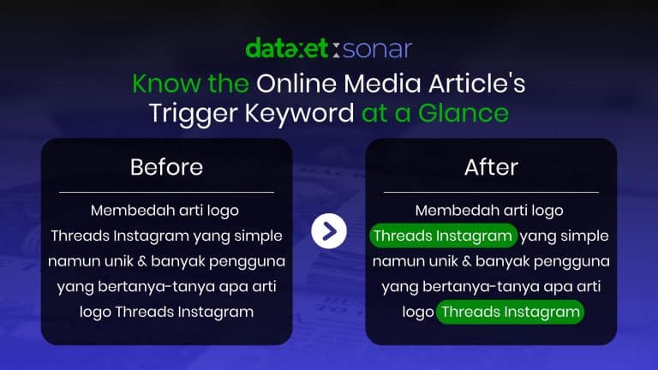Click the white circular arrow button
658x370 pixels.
[x=329, y=230]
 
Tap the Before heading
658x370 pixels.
[x=166, y=167]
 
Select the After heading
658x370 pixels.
[x=491, y=167]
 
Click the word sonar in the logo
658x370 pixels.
[x=377, y=49]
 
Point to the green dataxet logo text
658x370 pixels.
[x=287, y=48]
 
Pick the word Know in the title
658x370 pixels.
[x=166, y=83]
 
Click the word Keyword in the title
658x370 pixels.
[x=299, y=114]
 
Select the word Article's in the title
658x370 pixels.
[x=476, y=83]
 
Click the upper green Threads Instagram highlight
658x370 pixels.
[x=443, y=236]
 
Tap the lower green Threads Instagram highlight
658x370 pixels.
[x=510, y=312]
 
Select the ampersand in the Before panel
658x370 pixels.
[x=142, y=261]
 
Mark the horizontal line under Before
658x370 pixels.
[x=166, y=192]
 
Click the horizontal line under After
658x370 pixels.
[x=491, y=192]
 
